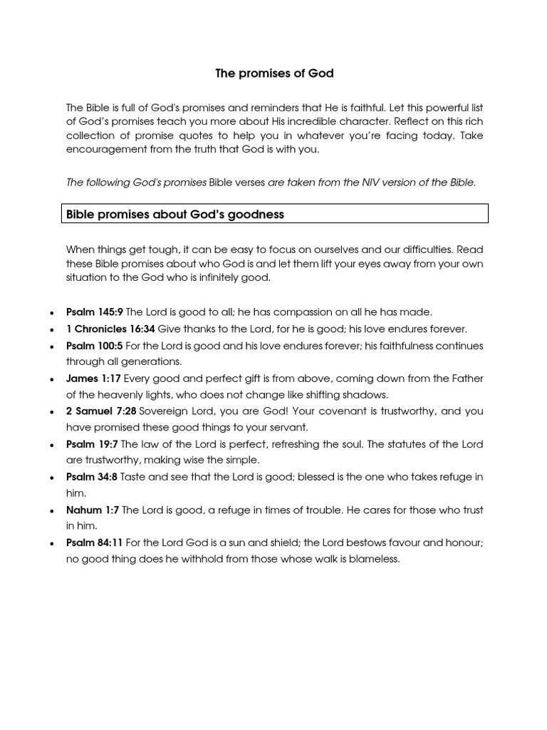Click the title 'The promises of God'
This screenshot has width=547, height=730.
[274, 73]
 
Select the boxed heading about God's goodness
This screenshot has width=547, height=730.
[175, 214]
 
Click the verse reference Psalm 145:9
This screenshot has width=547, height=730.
[95, 312]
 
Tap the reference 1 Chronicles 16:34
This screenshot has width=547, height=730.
[110, 329]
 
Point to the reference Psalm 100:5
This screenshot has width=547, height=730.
[95, 346]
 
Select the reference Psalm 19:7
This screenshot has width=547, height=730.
[92, 444]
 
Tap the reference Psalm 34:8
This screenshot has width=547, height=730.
[92, 477]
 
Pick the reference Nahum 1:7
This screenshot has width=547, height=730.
[93, 510]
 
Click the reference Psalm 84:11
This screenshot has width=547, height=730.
[95, 543]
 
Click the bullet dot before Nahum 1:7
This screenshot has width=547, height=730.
[53, 511]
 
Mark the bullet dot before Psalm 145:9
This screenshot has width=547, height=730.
[53, 313]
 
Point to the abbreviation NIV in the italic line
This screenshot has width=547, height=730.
[368, 182]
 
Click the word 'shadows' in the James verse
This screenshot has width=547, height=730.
[368, 395]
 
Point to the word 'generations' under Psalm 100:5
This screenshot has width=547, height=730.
[152, 362]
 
